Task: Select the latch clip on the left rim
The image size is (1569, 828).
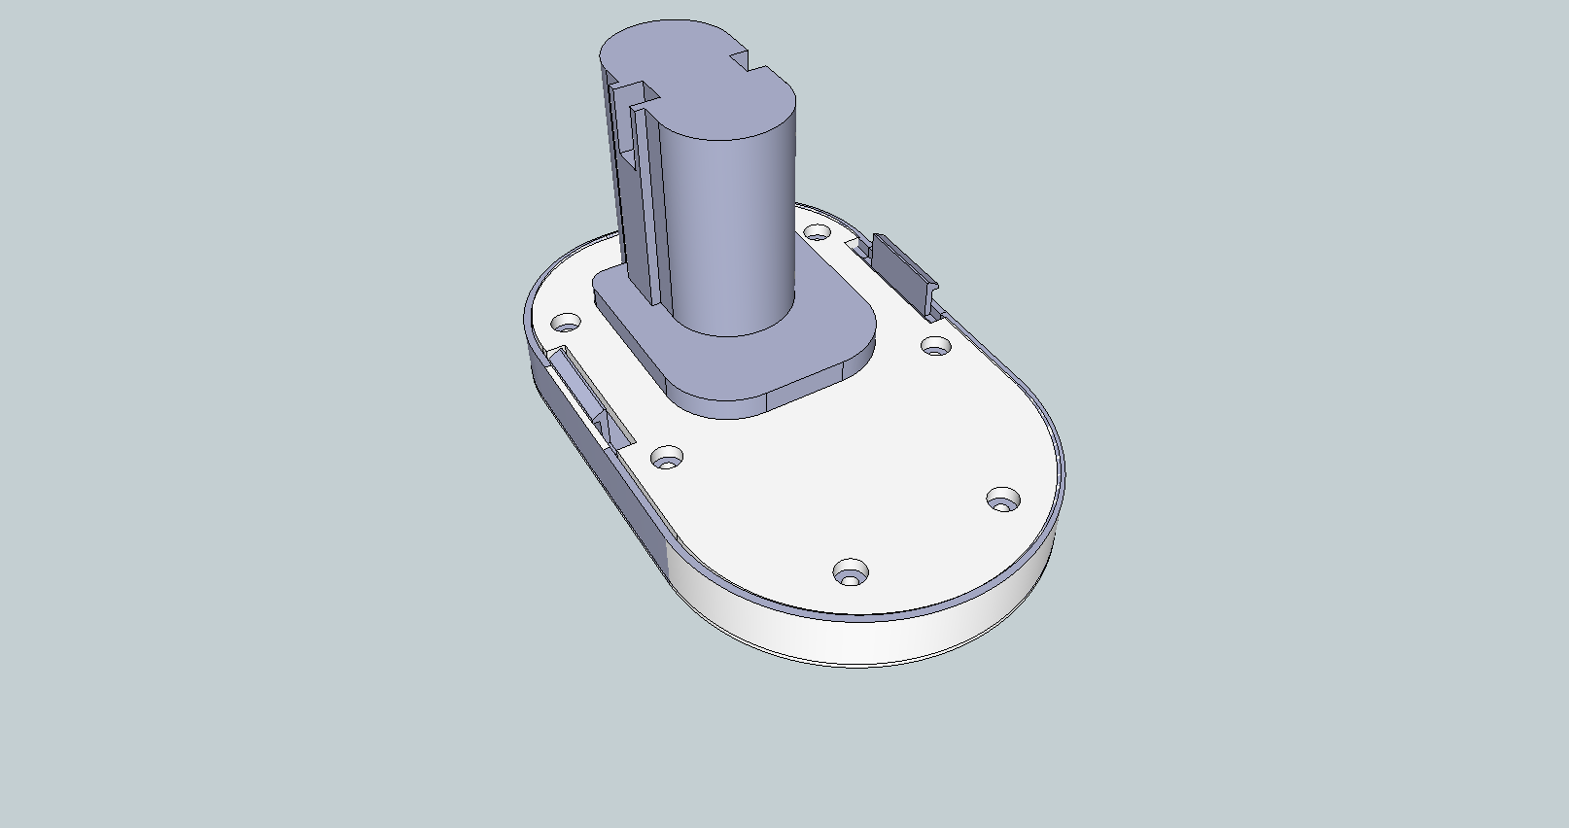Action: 583,394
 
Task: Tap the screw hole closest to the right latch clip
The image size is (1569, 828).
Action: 818,232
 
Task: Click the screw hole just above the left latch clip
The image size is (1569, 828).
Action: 565,322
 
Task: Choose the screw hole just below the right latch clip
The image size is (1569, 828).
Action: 935,345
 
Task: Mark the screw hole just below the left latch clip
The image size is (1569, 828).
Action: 666,457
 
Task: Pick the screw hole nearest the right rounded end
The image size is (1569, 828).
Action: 1002,500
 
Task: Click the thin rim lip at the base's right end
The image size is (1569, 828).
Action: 1060,486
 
